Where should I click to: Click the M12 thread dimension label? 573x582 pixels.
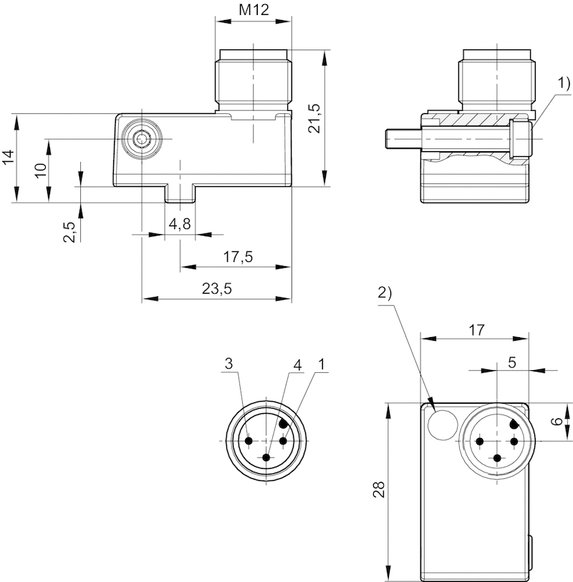coord(254,10)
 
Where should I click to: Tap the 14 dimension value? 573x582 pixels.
coord(8,157)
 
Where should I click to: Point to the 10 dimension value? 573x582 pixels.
coord(41,170)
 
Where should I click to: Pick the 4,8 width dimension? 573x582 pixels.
coord(180,224)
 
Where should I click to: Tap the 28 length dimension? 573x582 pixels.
coord(379,490)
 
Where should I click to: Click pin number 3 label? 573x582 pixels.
coord(228,364)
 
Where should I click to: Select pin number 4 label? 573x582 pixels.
coord(297,364)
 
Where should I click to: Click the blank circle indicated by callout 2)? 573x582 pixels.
coord(441,426)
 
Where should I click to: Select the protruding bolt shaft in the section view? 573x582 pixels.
coord(400,135)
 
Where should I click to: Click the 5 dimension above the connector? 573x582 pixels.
coord(512,362)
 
